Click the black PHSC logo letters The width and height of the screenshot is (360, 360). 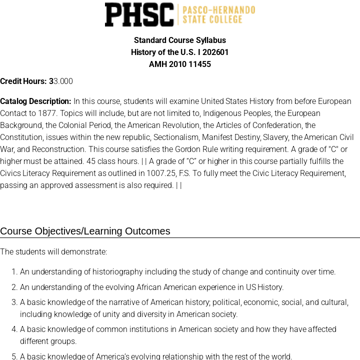point(139,14)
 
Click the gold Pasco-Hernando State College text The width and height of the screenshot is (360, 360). point(218,15)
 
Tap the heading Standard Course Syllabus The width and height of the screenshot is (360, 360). point(180,40)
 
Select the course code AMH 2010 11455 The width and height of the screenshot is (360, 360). point(180,64)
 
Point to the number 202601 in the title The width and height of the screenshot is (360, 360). point(215,52)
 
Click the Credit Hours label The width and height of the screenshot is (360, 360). point(23,81)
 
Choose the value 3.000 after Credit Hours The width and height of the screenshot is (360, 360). point(63,81)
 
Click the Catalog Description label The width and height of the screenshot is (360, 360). point(35,101)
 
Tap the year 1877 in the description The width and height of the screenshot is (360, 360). point(47,113)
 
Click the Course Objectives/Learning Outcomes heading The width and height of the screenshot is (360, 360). point(85,231)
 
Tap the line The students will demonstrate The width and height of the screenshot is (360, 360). point(53,251)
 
